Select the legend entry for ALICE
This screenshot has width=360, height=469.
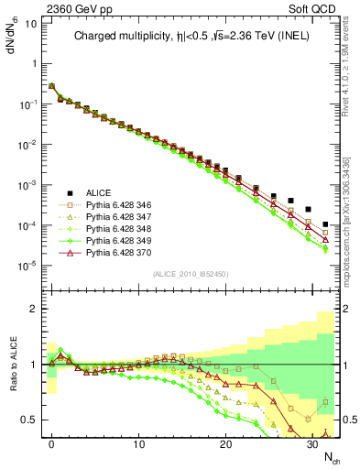tap(99, 192)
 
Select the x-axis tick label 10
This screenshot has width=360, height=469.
tap(138, 442)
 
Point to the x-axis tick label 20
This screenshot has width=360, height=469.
tap(225, 442)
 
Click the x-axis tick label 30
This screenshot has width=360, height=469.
tap(312, 442)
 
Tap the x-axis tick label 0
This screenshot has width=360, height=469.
tap(51, 442)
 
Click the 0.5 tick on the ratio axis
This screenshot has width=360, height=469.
tap(29, 420)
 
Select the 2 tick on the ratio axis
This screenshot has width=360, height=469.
tap(35, 309)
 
